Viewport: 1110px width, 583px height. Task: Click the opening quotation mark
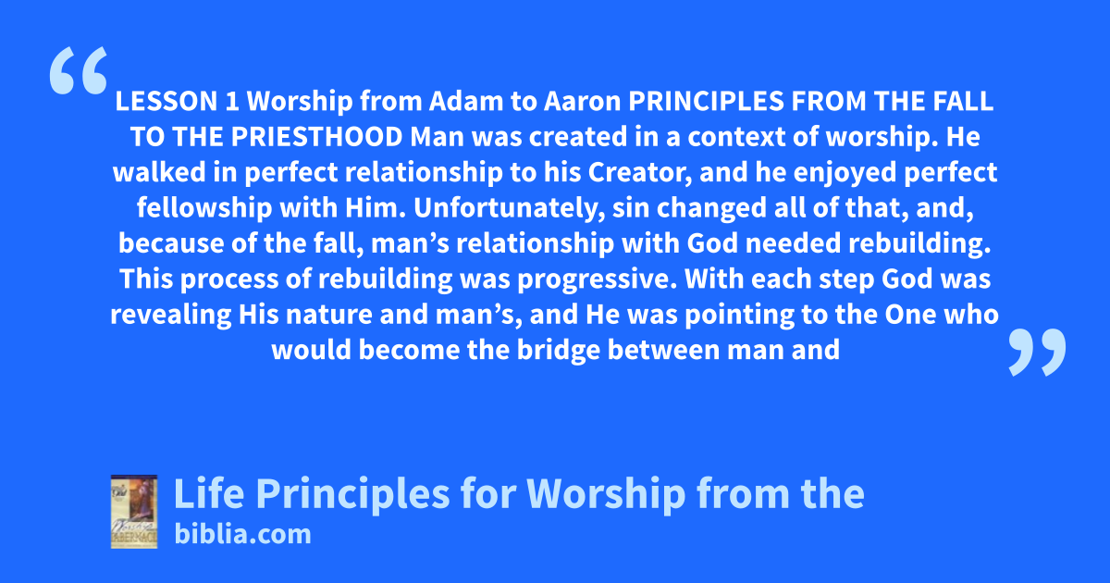(x=79, y=70)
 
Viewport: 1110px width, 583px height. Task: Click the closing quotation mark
(x=1037, y=352)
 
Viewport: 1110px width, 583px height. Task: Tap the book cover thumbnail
(x=134, y=512)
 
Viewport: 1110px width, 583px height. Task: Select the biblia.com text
(x=242, y=535)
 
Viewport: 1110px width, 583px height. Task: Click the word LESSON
(x=166, y=101)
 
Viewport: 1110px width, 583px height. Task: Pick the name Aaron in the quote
(x=582, y=101)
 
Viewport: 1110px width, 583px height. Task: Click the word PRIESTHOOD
(x=316, y=137)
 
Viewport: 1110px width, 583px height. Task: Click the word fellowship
(x=204, y=208)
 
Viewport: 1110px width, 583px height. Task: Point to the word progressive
(x=598, y=279)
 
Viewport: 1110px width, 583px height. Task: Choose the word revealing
(x=170, y=316)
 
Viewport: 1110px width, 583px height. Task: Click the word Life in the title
(x=209, y=494)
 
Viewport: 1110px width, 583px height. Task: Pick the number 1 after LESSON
(x=232, y=101)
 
